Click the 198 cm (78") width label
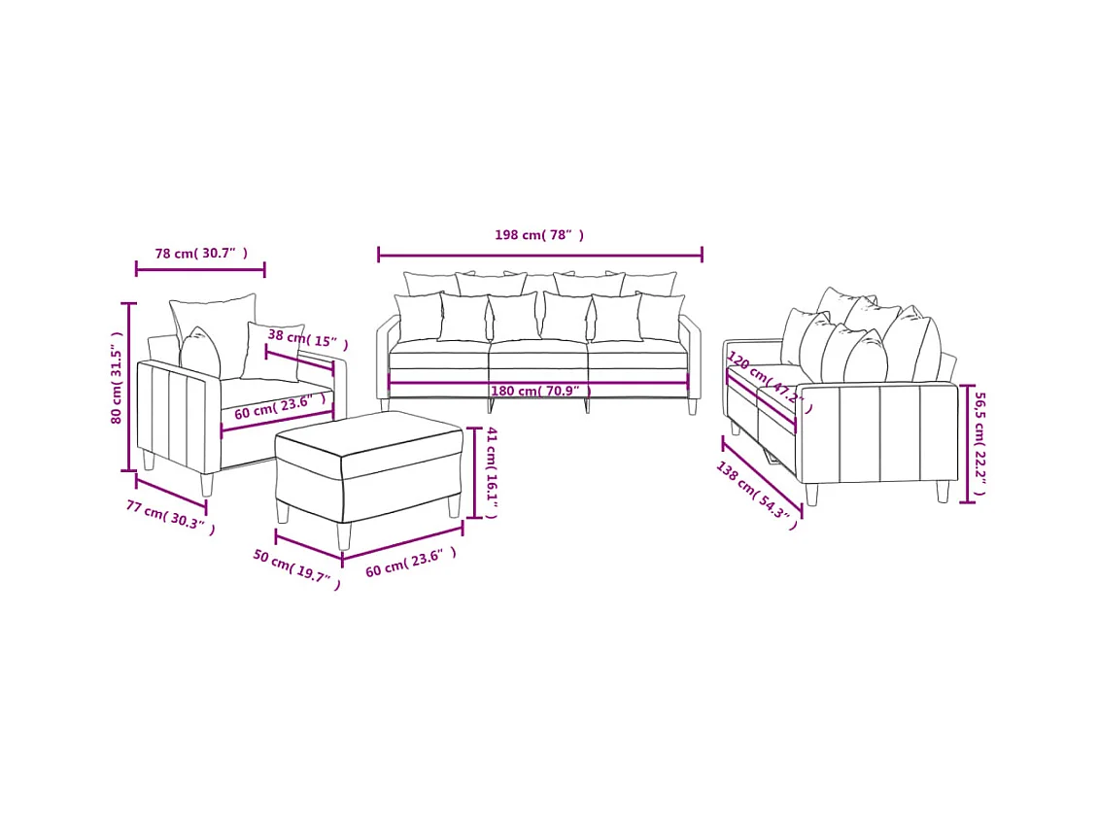point(539,235)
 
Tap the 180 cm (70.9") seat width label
point(540,391)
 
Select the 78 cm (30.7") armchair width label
point(201,254)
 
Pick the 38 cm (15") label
point(307,339)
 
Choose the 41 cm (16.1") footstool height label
point(492,471)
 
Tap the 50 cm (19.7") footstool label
point(297,569)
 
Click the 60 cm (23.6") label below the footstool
point(410,563)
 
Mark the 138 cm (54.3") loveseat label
point(757,497)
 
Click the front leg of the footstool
point(342,536)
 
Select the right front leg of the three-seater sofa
point(692,407)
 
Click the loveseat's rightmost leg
point(942,492)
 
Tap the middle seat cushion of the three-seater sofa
point(538,360)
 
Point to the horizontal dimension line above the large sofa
point(540,256)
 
